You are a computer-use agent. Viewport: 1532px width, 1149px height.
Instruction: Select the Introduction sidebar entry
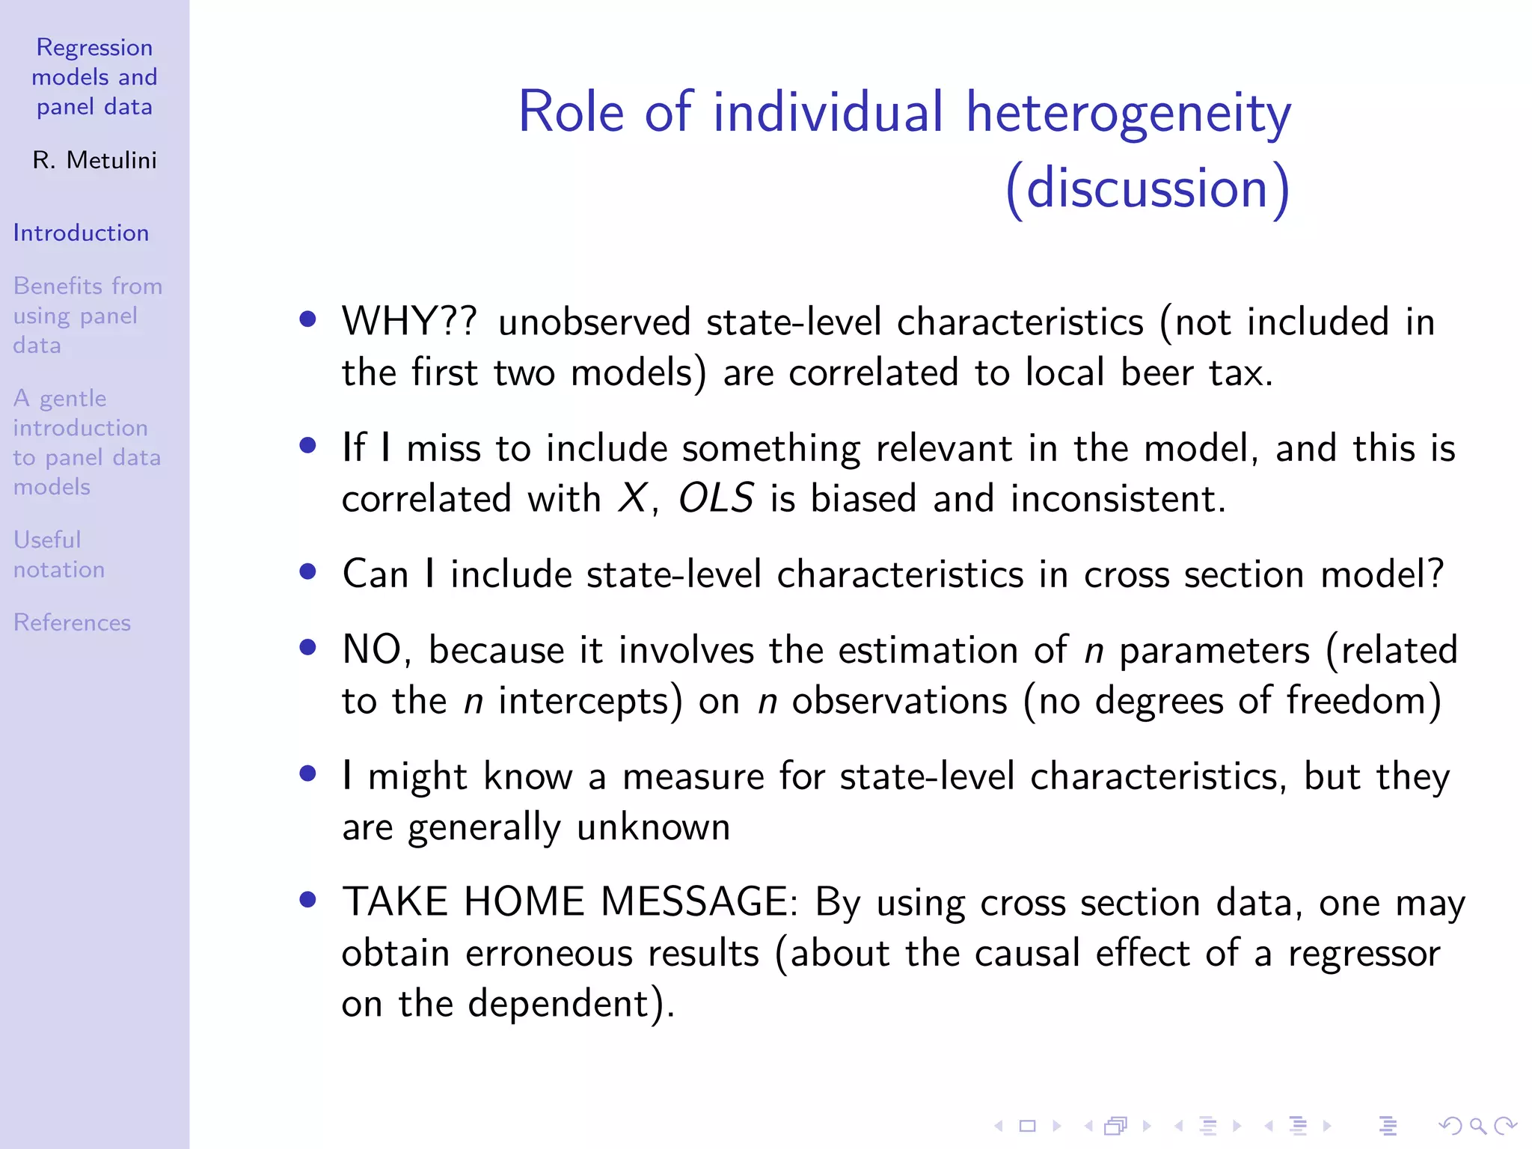click(81, 233)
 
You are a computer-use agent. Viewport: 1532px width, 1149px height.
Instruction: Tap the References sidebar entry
click(72, 622)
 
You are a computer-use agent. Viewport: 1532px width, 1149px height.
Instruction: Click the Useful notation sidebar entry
click(58, 554)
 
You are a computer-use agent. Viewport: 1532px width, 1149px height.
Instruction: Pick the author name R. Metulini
click(94, 160)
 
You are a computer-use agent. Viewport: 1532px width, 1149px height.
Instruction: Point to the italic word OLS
click(716, 499)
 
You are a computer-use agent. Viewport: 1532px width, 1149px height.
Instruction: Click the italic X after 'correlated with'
click(633, 499)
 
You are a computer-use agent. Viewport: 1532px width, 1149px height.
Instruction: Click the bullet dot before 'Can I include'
click(307, 572)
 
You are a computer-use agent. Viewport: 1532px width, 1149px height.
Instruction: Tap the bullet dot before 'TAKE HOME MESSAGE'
click(307, 900)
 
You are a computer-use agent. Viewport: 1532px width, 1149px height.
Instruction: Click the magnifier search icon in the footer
click(1477, 1126)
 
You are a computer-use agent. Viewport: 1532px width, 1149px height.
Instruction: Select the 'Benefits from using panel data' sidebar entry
click(87, 316)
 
